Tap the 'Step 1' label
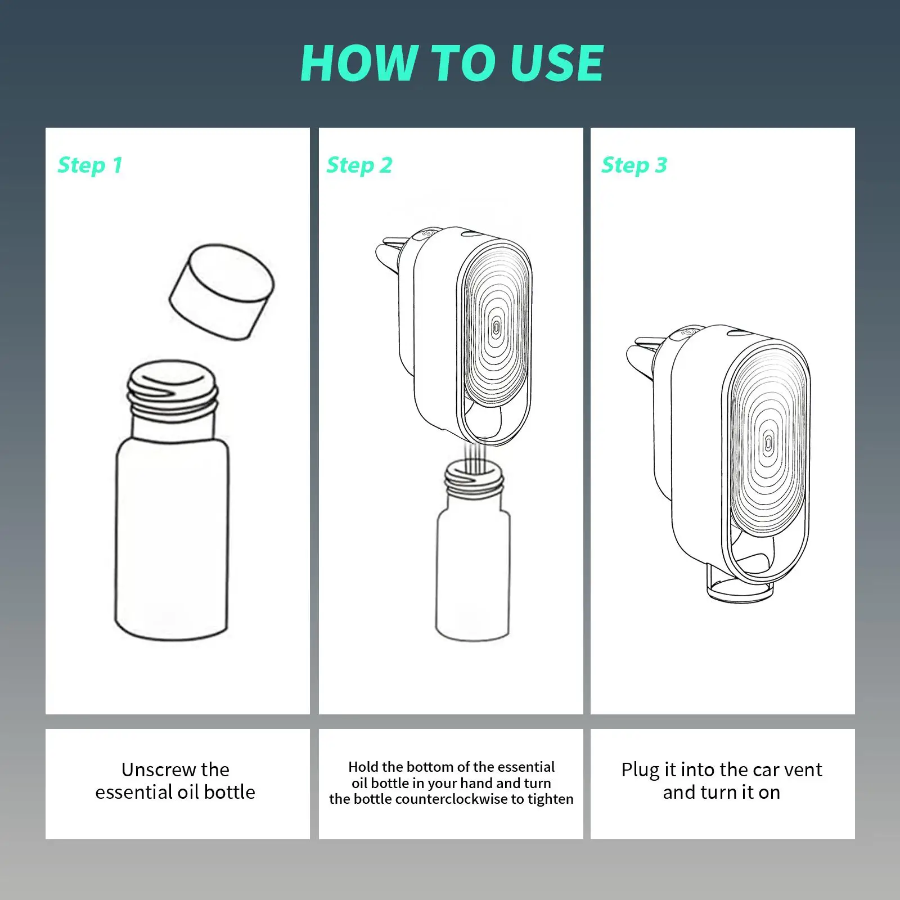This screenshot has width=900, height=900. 90,165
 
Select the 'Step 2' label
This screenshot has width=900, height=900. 359,165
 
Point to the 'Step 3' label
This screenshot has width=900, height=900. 634,165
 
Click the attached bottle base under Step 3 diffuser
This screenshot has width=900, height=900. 738,591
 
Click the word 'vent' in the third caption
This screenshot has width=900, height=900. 801,769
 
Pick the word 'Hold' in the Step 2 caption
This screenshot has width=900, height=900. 363,767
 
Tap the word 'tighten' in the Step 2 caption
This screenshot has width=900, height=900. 550,799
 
